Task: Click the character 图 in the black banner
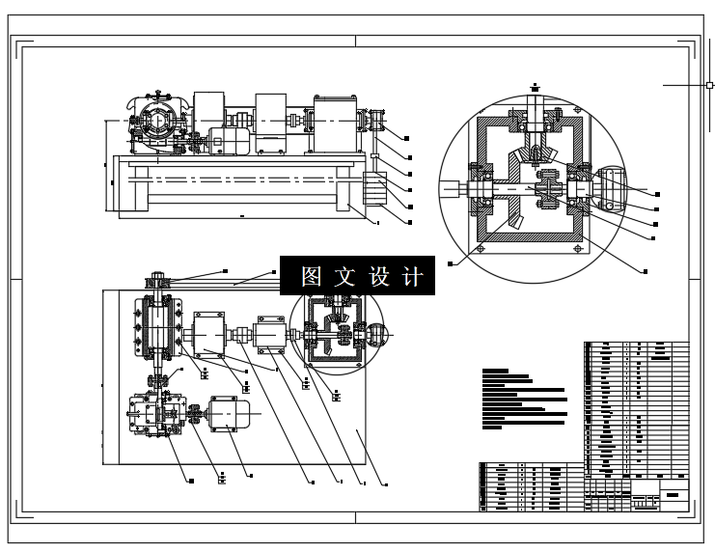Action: pyautogui.click(x=311, y=277)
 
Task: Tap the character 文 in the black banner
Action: pyautogui.click(x=344, y=277)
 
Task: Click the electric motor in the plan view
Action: pyautogui.click(x=230, y=414)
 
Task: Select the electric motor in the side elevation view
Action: pyautogui.click(x=230, y=143)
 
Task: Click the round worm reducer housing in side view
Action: pyautogui.click(x=153, y=124)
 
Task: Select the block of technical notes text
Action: pyautogui.click(x=522, y=397)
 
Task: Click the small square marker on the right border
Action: pyautogui.click(x=709, y=85)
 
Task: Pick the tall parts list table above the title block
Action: pyautogui.click(x=637, y=405)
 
